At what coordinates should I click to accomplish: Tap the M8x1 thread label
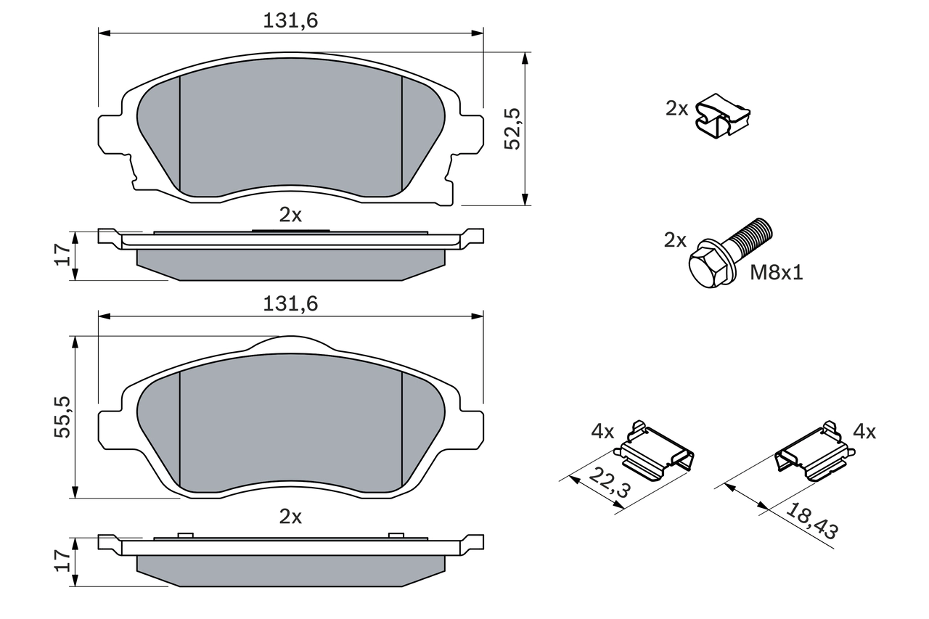coord(777,273)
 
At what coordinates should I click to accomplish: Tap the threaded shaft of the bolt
coord(750,239)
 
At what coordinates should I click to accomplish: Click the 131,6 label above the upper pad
coord(290,21)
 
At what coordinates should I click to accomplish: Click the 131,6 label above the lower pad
coord(290,304)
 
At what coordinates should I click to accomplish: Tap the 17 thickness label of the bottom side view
coord(63,560)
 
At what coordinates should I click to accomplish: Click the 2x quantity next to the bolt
coord(675,240)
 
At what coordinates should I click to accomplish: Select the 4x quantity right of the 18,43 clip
coord(864,432)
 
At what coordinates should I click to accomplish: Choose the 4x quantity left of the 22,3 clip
coord(602,432)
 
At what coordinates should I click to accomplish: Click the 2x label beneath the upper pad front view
coord(290,214)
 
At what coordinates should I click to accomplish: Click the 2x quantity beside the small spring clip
coord(677,109)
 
